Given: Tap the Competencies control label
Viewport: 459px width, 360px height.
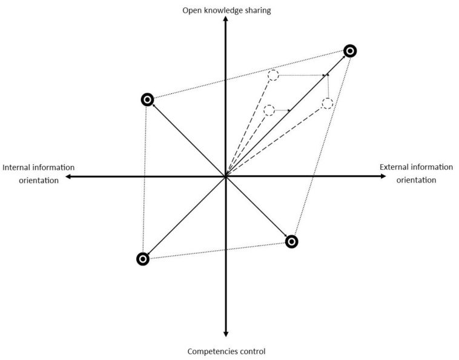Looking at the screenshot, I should coord(226,351).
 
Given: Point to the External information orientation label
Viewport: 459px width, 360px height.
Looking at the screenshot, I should coord(415,173).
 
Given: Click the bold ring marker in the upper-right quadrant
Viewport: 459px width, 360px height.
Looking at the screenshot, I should coord(350,51).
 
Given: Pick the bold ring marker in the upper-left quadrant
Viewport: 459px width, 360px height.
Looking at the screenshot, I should coord(147,99).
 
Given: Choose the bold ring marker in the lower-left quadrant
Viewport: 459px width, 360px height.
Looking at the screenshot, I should coord(142,259).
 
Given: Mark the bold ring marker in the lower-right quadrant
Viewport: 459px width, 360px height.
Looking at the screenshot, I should coord(291,242).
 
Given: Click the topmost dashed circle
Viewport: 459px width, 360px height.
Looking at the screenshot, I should coord(273,75).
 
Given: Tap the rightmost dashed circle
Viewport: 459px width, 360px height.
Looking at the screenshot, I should coord(328,103).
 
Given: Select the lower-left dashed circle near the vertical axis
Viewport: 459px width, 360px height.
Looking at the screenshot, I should coord(269,110).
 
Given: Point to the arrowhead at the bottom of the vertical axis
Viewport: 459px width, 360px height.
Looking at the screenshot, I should coord(225,334).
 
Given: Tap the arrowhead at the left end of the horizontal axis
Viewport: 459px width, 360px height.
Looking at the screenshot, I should coord(68,176).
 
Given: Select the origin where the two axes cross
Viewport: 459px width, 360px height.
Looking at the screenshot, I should coord(225,176).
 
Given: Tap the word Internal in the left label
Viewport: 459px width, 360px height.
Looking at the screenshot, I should coord(18,168).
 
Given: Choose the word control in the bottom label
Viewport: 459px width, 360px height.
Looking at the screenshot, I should coord(252,351).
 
